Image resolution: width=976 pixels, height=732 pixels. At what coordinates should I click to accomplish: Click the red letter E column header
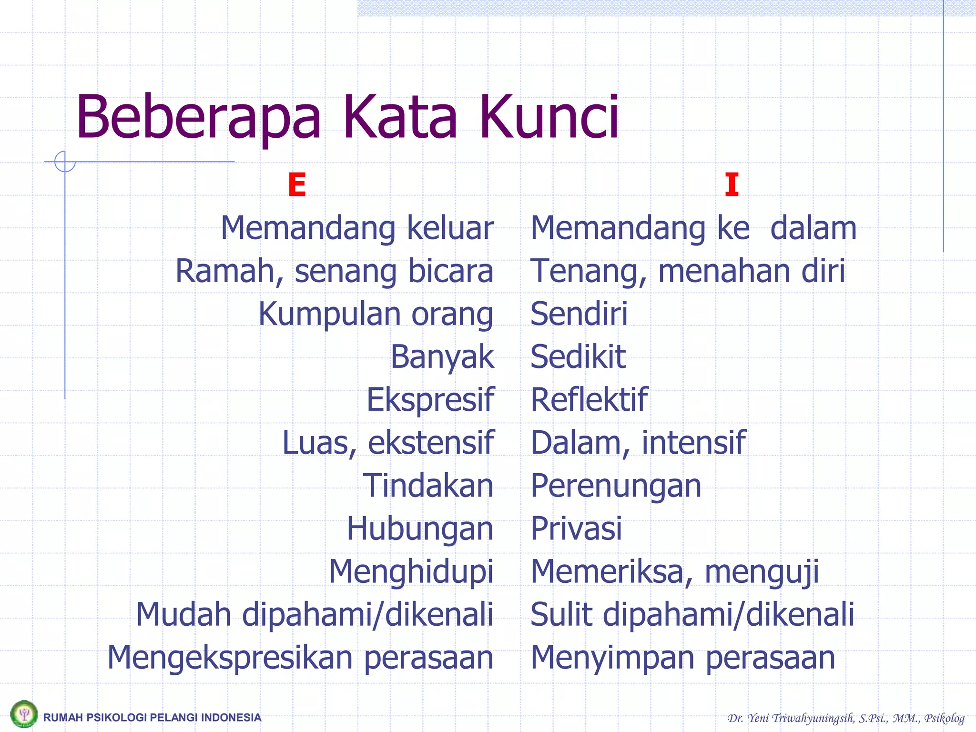[x=296, y=185]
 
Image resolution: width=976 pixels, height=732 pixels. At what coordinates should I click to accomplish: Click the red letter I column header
[x=732, y=185]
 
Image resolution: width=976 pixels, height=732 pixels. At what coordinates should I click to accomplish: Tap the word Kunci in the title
[x=549, y=117]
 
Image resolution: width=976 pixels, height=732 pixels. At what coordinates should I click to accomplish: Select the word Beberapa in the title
[x=199, y=118]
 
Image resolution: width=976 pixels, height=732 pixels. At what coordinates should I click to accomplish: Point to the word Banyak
[x=442, y=357]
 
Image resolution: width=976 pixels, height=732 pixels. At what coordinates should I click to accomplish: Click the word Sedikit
[x=578, y=357]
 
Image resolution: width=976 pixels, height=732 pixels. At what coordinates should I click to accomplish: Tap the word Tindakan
[x=428, y=486]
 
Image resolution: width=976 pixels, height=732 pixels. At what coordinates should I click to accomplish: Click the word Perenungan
[x=616, y=487]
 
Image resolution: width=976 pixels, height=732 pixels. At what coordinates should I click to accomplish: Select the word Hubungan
[x=420, y=529]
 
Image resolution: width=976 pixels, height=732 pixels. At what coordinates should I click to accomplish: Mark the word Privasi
[x=576, y=529]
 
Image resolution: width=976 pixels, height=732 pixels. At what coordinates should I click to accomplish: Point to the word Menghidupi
[x=411, y=572]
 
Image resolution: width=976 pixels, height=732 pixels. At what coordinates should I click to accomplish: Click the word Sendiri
[x=579, y=314]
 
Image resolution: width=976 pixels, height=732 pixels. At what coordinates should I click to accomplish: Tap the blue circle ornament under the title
[x=65, y=162]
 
